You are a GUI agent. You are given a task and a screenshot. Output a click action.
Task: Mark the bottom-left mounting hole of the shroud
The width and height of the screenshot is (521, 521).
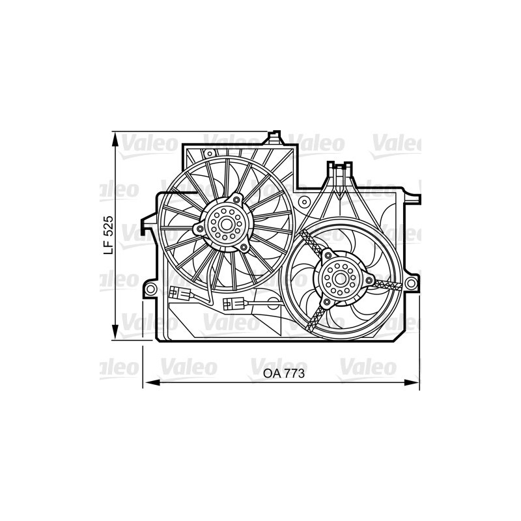[x=151, y=287]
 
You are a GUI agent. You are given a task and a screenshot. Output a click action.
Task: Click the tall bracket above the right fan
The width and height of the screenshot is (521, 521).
[x=340, y=176]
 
